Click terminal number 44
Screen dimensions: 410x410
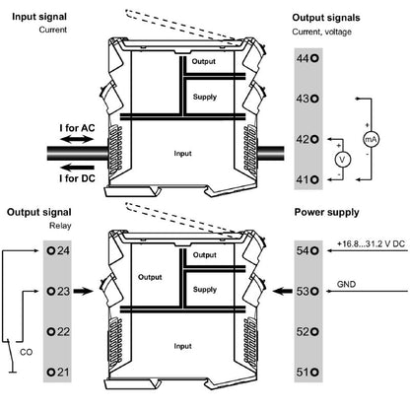pyautogui.click(x=307, y=58)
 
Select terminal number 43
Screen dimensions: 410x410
pyautogui.click(x=307, y=99)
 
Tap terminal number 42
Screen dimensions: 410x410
pyautogui.click(x=307, y=139)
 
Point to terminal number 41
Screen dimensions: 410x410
pyautogui.click(x=307, y=179)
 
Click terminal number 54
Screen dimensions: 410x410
pyautogui.click(x=307, y=250)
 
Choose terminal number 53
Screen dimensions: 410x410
pyautogui.click(x=307, y=291)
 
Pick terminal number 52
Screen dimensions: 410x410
pyautogui.click(x=307, y=331)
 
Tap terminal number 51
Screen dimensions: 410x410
pyautogui.click(x=307, y=372)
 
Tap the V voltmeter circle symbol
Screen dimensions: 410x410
pyautogui.click(x=342, y=159)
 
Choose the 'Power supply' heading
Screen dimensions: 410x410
pyautogui.click(x=327, y=211)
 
